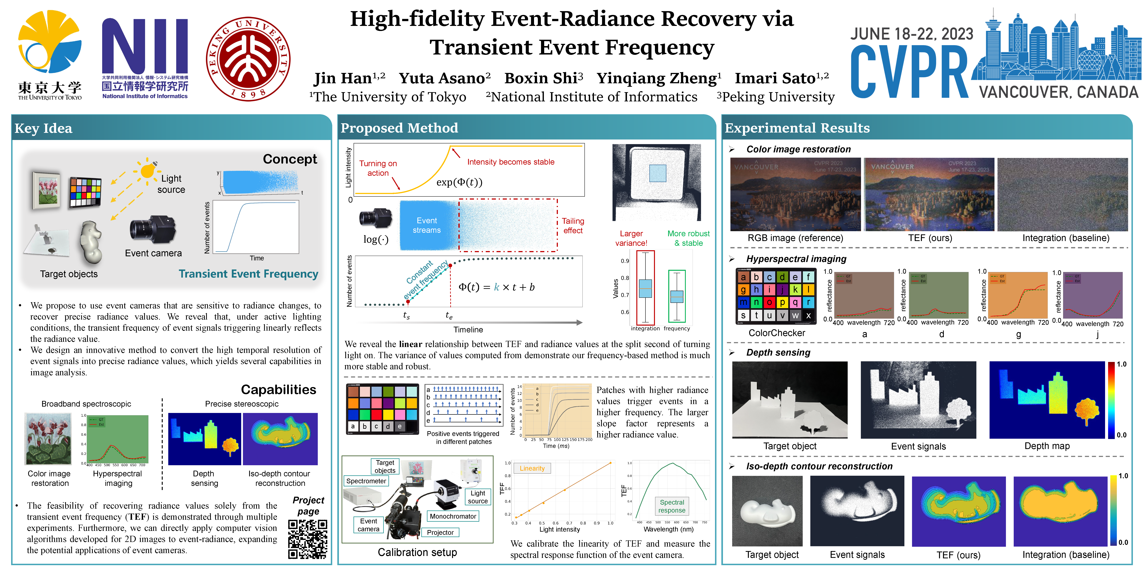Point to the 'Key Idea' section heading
(x=43, y=128)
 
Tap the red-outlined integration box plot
(x=645, y=288)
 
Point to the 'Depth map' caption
(x=1047, y=446)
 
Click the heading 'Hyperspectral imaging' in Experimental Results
(x=796, y=259)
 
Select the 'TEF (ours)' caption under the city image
(x=930, y=238)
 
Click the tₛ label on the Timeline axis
(x=406, y=315)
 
